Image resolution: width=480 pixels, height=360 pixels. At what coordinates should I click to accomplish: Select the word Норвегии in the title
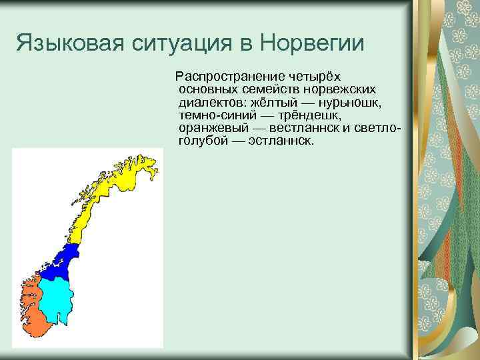[313, 44]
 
